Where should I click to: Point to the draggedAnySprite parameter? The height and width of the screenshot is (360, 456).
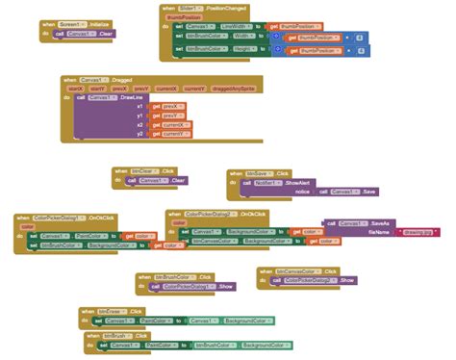pyautogui.click(x=227, y=89)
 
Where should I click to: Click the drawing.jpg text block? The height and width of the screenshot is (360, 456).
pyautogui.click(x=418, y=232)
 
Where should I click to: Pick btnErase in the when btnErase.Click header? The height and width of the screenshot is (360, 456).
pyautogui.click(x=113, y=311)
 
